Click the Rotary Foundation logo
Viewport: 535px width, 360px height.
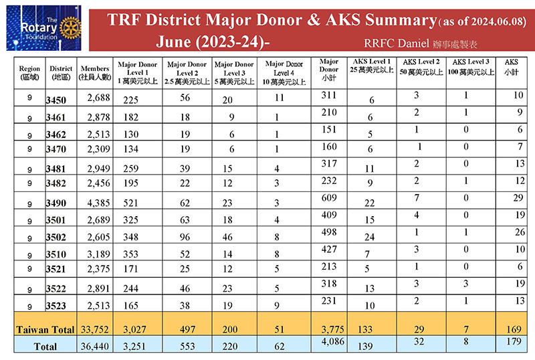coord(43,27)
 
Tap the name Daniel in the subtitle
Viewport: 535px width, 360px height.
coord(413,43)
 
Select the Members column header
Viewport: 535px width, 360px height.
coord(95,73)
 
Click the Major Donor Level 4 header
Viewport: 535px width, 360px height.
coord(284,73)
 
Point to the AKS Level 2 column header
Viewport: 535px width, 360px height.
coord(421,67)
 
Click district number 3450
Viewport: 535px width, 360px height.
coord(56,100)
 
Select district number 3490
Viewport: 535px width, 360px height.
coord(56,203)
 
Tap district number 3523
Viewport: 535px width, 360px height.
coord(56,305)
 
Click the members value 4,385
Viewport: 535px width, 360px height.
coord(98,203)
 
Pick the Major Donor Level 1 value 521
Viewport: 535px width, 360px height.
coord(131,203)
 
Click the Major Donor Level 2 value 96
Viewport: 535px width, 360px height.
coord(185,237)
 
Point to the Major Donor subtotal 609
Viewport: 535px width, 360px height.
coord(329,198)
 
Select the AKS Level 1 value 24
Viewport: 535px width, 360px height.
coord(370,237)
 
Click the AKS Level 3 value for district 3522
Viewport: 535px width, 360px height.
coord(465,284)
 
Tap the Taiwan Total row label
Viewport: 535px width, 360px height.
coord(45,330)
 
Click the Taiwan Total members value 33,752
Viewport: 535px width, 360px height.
coord(95,330)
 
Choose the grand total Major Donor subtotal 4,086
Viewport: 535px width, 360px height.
coord(333,341)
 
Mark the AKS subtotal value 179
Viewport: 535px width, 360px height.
coord(514,341)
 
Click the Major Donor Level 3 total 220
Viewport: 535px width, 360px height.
coord(230,347)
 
